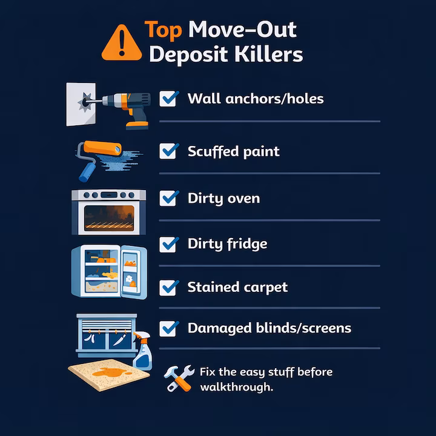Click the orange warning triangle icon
pyautogui.click(x=122, y=42)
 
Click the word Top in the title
pyautogui.click(x=163, y=30)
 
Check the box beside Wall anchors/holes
pyautogui.click(x=168, y=98)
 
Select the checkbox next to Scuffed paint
pyautogui.click(x=168, y=151)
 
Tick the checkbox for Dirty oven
pyautogui.click(x=168, y=198)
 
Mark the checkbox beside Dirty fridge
pyautogui.click(x=168, y=244)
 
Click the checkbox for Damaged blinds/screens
pyautogui.click(x=168, y=328)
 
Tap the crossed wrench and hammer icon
pyautogui.click(x=179, y=378)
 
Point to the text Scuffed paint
pyautogui.click(x=234, y=151)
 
